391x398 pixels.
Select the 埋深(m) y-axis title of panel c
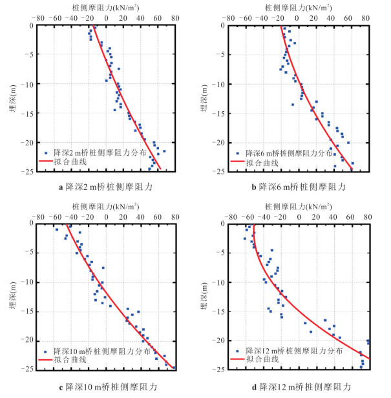coord(13,296)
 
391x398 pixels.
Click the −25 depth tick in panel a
coord(30,171)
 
